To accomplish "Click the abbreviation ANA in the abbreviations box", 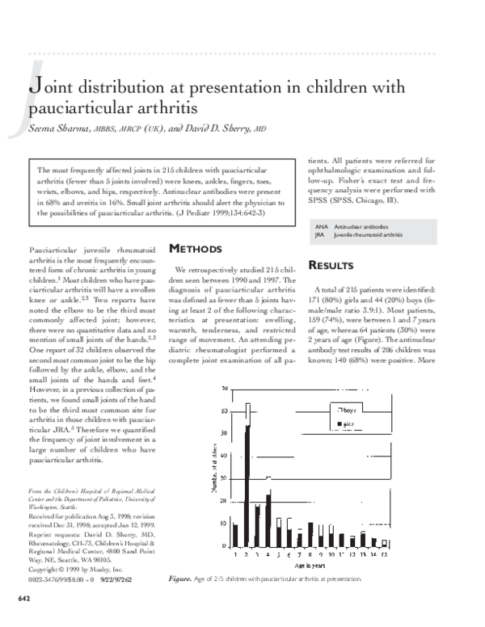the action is [323, 227].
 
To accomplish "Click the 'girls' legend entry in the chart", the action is [348, 423].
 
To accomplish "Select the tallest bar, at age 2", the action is [247, 477].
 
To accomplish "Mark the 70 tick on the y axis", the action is [224, 389].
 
